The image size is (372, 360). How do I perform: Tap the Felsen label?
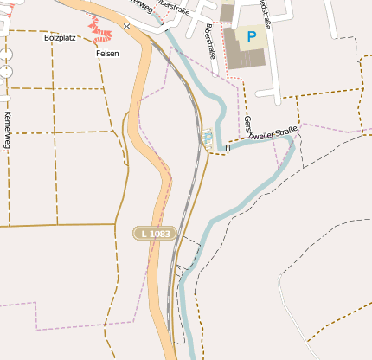(x=107, y=53)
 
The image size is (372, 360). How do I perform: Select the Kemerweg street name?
(x=8, y=130)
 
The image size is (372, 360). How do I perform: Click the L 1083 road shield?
(x=155, y=234)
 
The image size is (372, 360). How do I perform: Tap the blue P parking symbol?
(x=251, y=36)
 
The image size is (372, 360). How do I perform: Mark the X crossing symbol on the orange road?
(x=127, y=26)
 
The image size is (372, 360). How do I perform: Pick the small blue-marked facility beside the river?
(x=207, y=136)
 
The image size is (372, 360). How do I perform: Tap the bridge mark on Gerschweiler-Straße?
(x=228, y=147)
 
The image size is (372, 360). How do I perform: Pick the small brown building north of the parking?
(x=228, y=12)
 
